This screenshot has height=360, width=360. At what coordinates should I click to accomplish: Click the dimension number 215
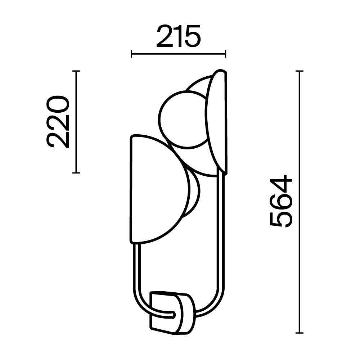pyautogui.click(x=178, y=37)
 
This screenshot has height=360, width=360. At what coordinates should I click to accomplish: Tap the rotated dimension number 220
pyautogui.click(x=58, y=122)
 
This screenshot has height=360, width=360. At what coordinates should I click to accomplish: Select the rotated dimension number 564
pyautogui.click(x=281, y=202)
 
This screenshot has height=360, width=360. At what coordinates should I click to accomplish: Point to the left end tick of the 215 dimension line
pyautogui.click(x=132, y=54)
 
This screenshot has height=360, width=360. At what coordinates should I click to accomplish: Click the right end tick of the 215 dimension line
pyautogui.click(x=225, y=54)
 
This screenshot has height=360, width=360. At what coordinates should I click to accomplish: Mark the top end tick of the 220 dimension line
pyautogui.click(x=76, y=71)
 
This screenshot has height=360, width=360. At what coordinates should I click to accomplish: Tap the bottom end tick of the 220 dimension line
pyautogui.click(x=76, y=173)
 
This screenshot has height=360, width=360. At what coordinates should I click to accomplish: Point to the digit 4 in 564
pyautogui.click(x=281, y=185)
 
